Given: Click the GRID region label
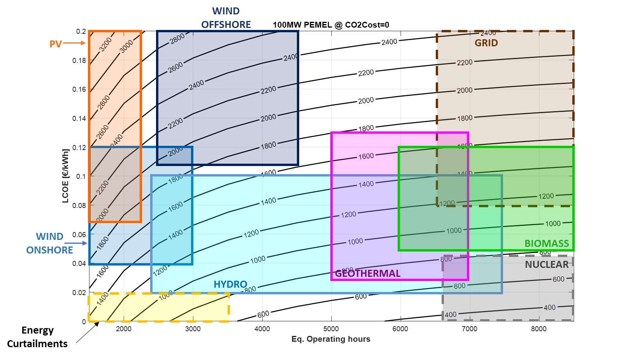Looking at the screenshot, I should pos(486,43).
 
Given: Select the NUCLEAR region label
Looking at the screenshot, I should pos(547,265).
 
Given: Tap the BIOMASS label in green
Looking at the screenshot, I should pos(547,244).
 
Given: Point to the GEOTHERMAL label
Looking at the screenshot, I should pos(368,274).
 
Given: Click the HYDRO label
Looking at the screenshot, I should pos(230,285).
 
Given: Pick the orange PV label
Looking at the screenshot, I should pos(55,44).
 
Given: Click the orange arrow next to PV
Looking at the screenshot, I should pos(74,43).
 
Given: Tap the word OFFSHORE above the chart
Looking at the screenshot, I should pos(226,25).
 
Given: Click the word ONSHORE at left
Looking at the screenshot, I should pos(49,250).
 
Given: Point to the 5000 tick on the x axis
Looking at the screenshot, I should pos(331,329).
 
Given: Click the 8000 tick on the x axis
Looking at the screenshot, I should pos(538,329).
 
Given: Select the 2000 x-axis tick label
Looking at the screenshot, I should pos(124,329).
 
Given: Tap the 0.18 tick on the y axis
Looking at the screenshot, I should pos(79,61).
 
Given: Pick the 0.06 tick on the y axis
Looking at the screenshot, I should pos(79,234).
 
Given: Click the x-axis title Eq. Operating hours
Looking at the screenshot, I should pos(331,339).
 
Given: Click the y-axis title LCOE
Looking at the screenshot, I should pos(65,176).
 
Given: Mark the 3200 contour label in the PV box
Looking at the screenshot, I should pos(105,44).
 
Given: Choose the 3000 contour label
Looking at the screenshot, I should pos(126,47).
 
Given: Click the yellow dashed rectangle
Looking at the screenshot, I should pos(158,308).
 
